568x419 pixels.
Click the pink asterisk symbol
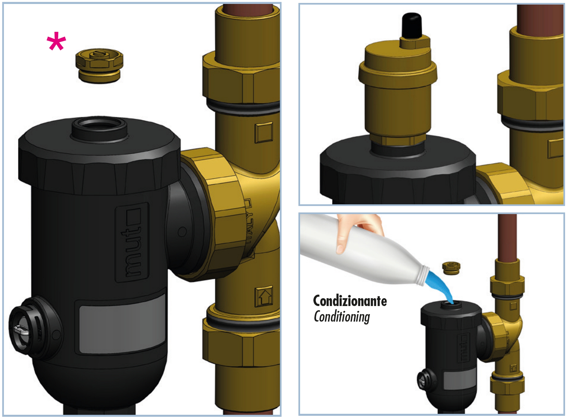coord(56,41)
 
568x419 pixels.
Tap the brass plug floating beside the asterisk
coord(99,66)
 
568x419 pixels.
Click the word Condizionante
coord(350,301)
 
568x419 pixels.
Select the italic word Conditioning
coord(342,317)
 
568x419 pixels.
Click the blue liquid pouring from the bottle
coord(440,287)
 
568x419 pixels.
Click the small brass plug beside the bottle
coord(451,268)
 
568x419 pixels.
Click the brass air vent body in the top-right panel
coord(398,91)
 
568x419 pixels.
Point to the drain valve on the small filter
coord(426,380)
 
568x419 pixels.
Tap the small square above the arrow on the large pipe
coord(264,132)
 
